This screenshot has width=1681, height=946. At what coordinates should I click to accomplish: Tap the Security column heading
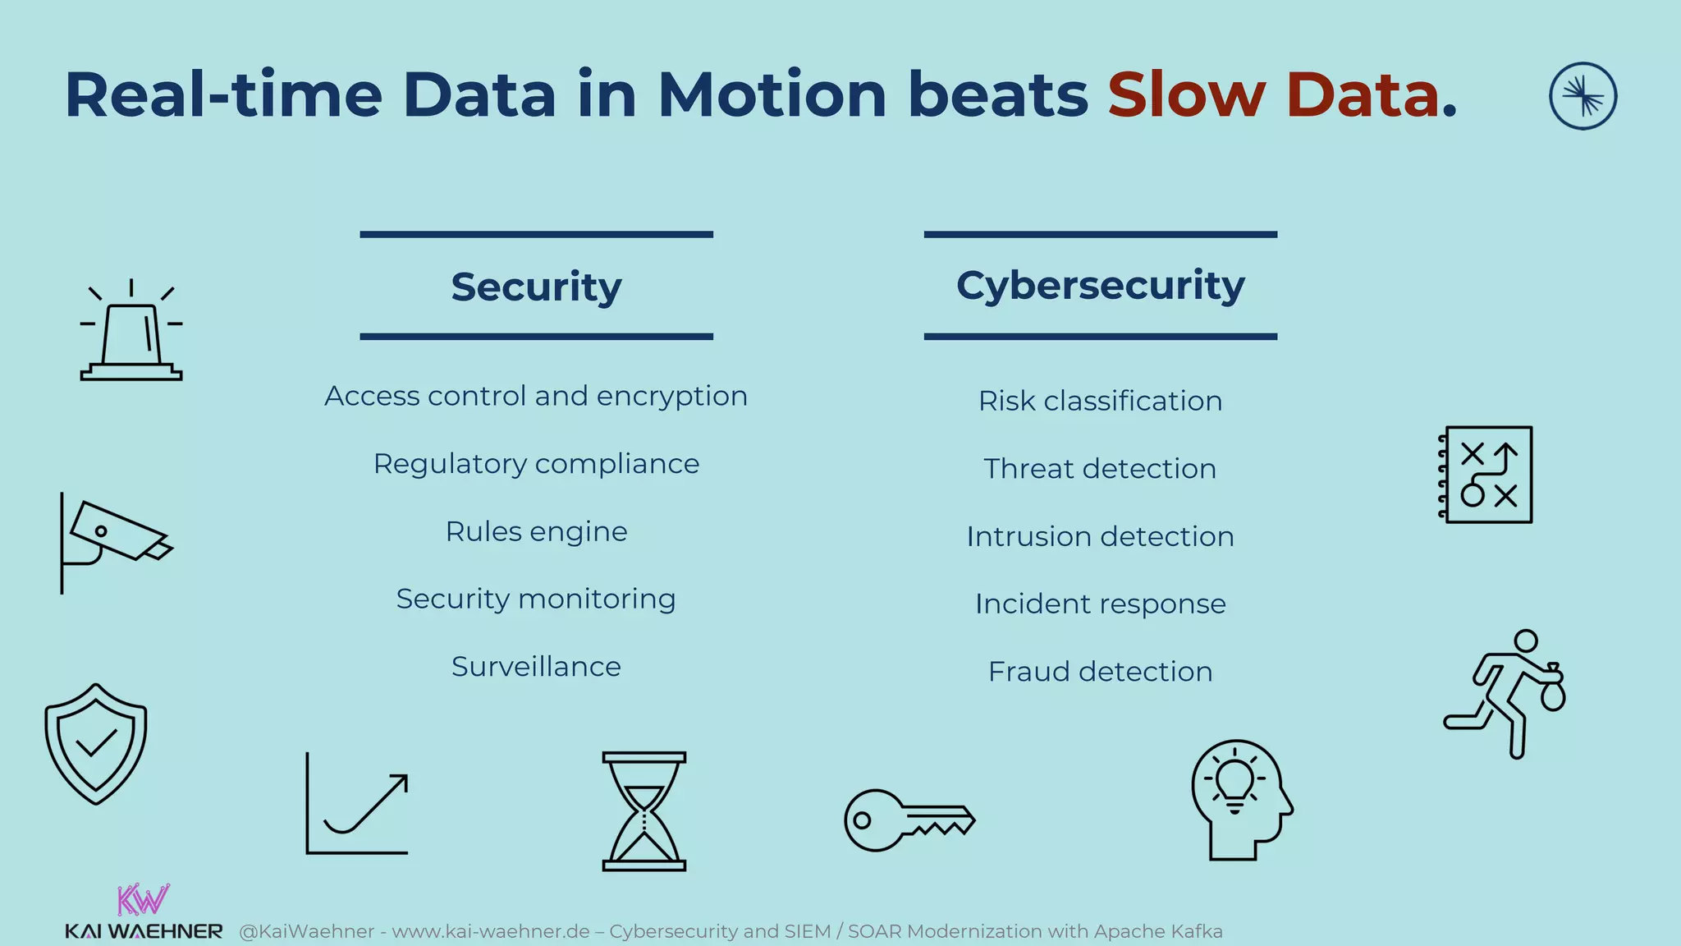click(x=536, y=287)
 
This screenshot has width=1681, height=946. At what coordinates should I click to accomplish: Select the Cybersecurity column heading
click(x=1100, y=285)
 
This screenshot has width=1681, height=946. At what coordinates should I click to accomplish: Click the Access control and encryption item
click(x=536, y=396)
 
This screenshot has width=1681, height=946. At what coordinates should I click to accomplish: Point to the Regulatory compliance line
click(x=536, y=464)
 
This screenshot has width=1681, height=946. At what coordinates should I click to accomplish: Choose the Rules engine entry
click(x=536, y=531)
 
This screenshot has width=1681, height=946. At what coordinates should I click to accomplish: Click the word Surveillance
click(x=536, y=666)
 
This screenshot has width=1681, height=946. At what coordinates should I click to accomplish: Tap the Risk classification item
click(x=1100, y=401)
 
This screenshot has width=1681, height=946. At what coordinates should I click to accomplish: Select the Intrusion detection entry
click(x=1100, y=536)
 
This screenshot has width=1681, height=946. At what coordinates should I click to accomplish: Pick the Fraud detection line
click(x=1100, y=672)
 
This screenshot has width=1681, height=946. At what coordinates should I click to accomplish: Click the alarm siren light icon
click(x=131, y=333)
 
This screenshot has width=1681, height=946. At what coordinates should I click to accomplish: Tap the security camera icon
click(x=115, y=538)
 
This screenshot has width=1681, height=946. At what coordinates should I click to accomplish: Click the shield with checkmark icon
click(x=96, y=743)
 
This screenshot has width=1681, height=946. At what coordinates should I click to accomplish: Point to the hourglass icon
click(x=644, y=811)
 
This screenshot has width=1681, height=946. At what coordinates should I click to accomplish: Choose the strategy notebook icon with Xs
click(x=1486, y=475)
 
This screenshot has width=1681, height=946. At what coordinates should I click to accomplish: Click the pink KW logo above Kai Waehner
click(x=143, y=900)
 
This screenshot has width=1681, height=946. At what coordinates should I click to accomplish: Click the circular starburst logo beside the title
click(x=1583, y=96)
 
